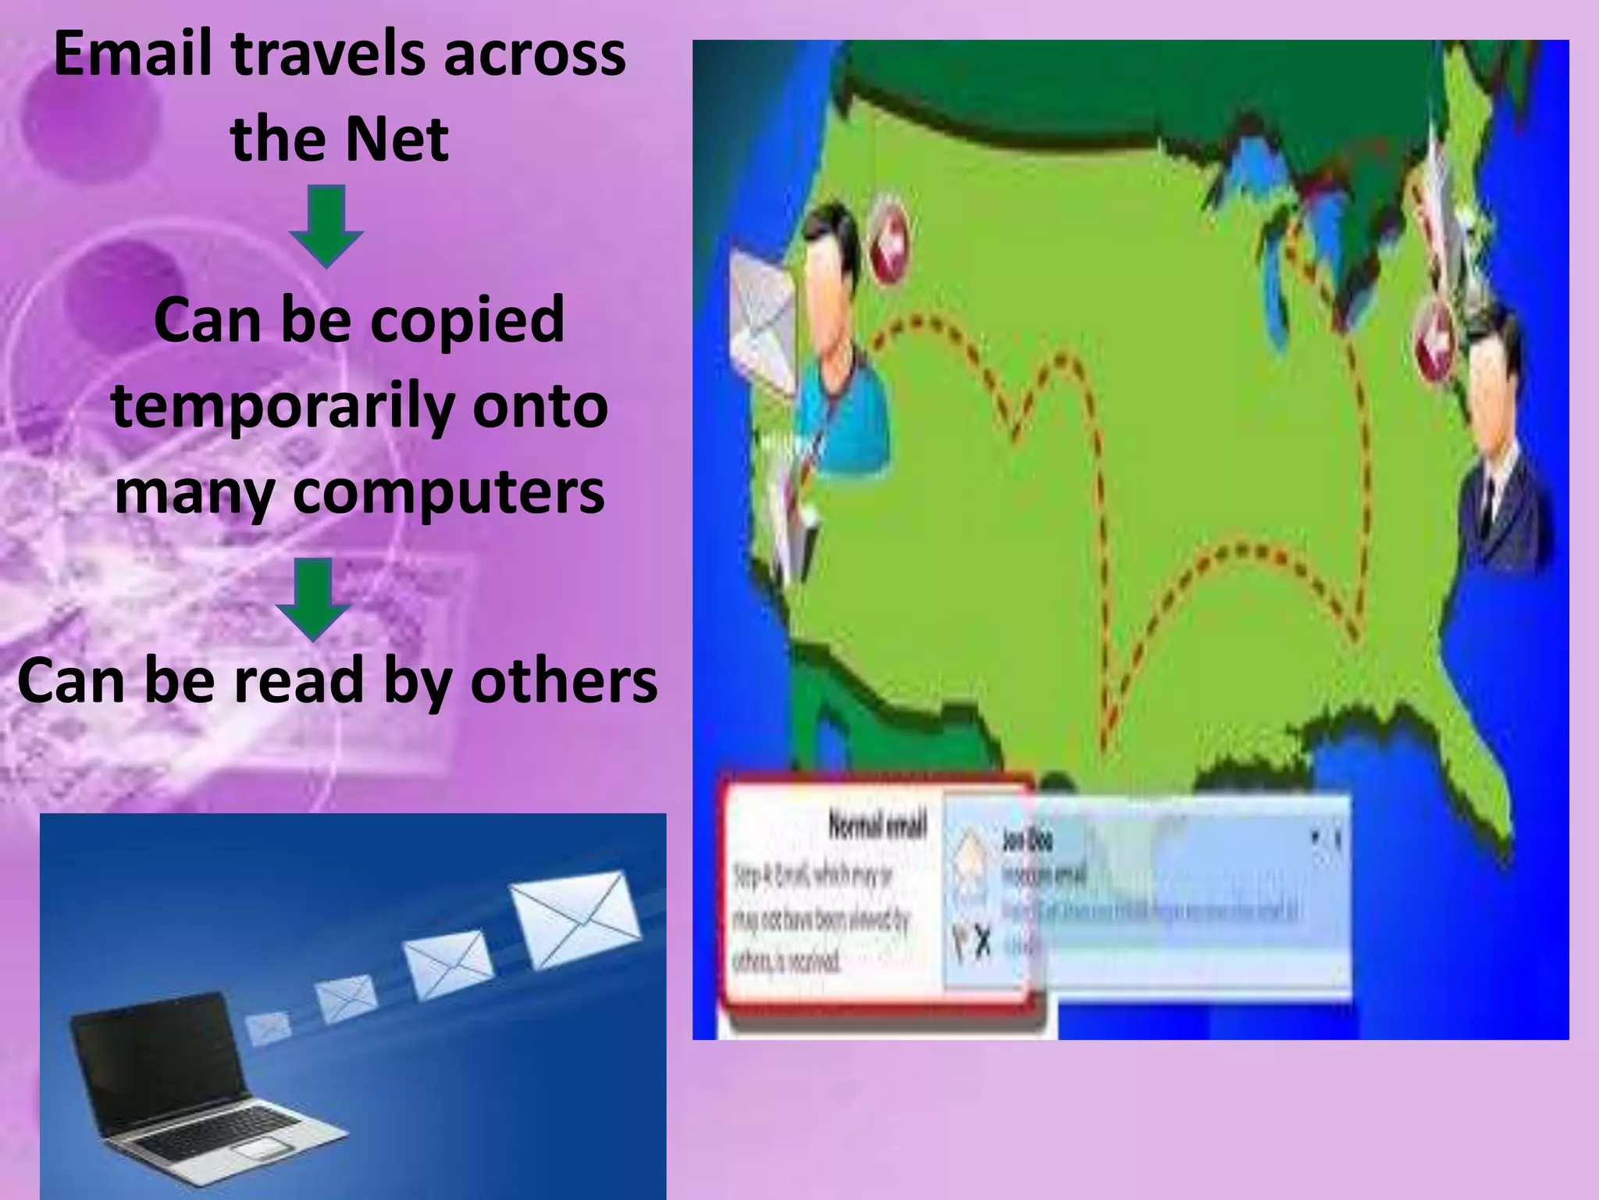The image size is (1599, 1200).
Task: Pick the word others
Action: (x=564, y=680)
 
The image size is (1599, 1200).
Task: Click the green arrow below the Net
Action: (x=326, y=225)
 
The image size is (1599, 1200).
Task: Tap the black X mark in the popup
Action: (x=983, y=944)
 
